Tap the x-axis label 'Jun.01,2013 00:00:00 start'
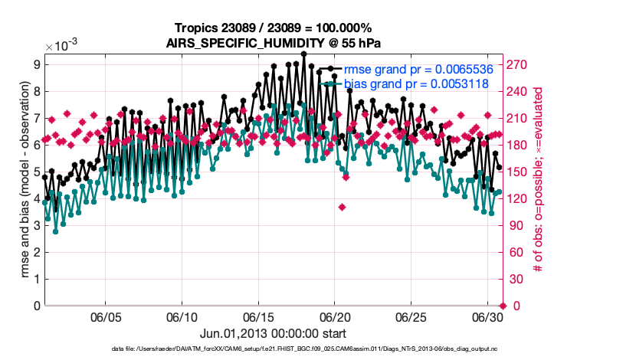coord(273,334)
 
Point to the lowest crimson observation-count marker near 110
coord(342,207)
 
